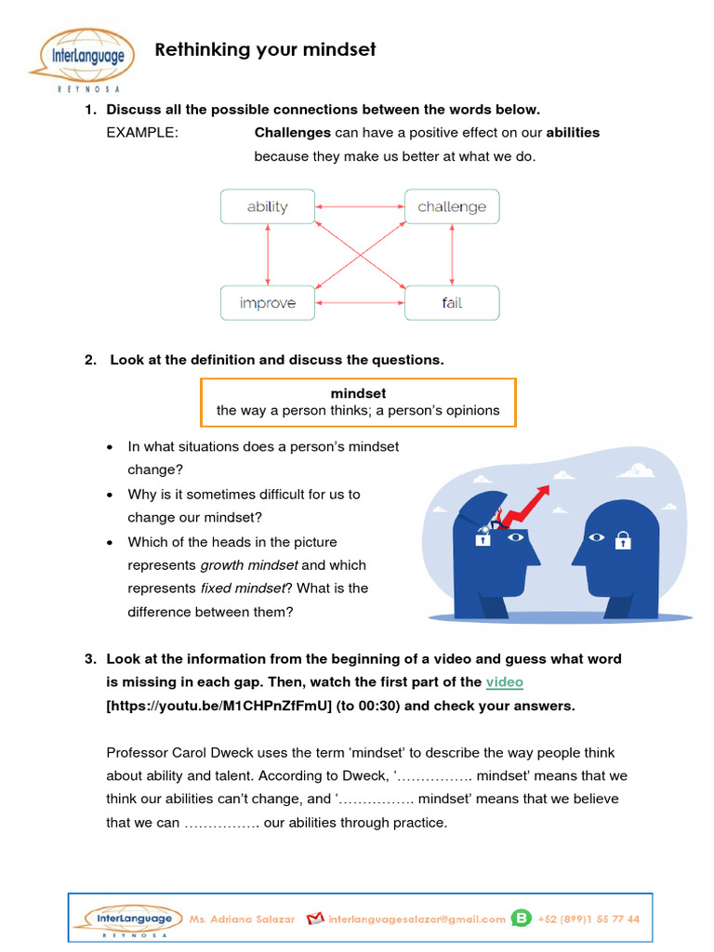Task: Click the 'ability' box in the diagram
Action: pos(268,206)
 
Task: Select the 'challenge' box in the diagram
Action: pos(452,206)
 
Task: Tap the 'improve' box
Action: pos(268,303)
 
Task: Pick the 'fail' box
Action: pos(452,303)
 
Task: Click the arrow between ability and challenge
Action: pos(360,206)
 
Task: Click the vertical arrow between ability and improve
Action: pos(268,255)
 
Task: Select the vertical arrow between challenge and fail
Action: pos(452,255)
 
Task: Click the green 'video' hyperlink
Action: pos(505,682)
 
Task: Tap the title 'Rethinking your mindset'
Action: pos(265,49)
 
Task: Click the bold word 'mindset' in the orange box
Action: pos(358,393)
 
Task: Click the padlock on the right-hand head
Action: pos(624,539)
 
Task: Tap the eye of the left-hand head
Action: pos(517,537)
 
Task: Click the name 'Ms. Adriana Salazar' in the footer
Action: pos(242,919)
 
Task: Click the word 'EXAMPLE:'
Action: pos(141,133)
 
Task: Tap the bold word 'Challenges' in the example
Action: pos(293,133)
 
